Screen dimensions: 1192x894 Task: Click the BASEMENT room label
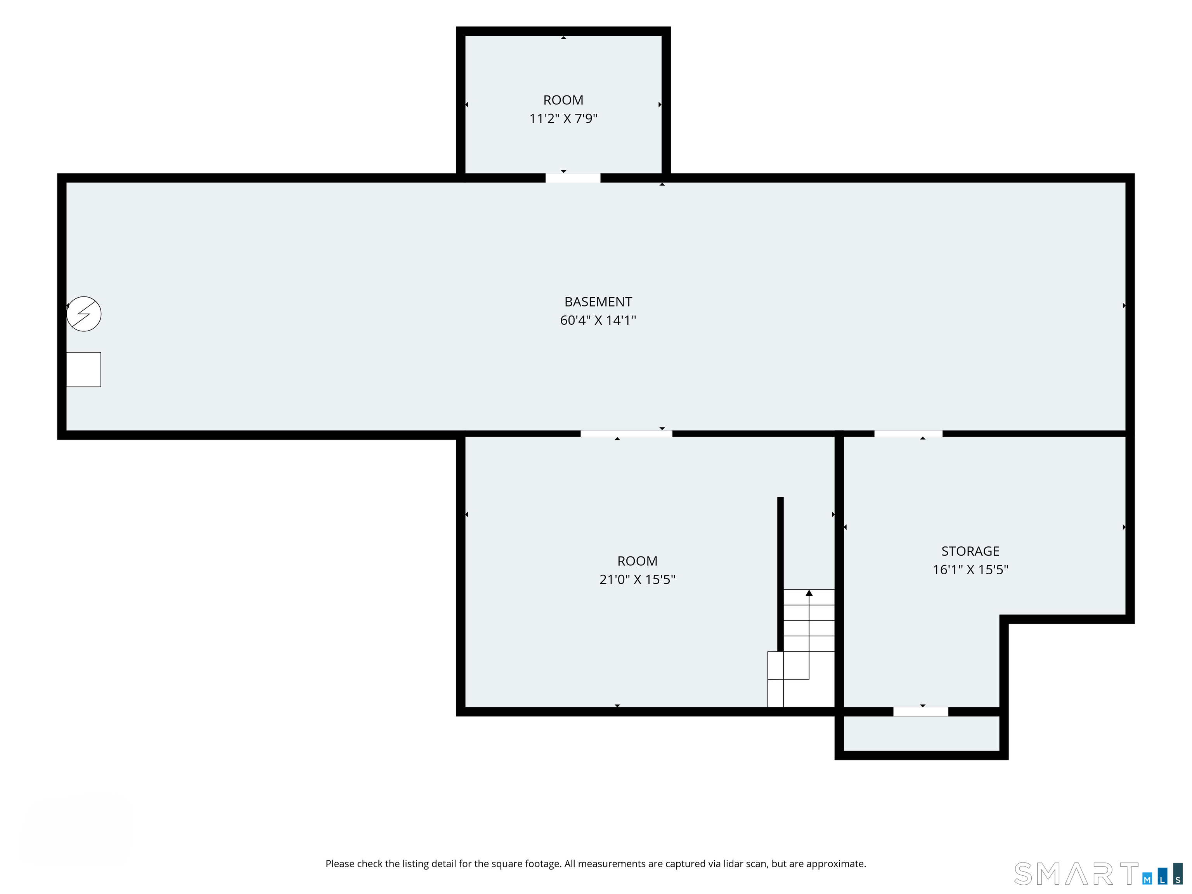598,302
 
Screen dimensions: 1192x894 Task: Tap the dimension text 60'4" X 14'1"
598,320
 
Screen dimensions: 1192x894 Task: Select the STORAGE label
970,551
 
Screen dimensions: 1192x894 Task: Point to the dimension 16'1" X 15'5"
970,570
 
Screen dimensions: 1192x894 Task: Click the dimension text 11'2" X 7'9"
563,119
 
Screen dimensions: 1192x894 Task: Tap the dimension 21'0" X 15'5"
637,579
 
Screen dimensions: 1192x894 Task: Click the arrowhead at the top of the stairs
809,593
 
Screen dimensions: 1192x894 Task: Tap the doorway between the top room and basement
573,178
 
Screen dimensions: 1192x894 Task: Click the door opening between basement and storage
908,434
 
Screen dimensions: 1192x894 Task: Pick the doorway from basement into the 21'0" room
626,434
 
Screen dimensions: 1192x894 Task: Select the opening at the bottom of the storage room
920,712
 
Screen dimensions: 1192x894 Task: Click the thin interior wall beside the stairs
780,574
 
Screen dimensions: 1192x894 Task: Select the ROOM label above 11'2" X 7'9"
563,100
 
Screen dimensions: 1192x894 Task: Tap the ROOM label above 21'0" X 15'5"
637,561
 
